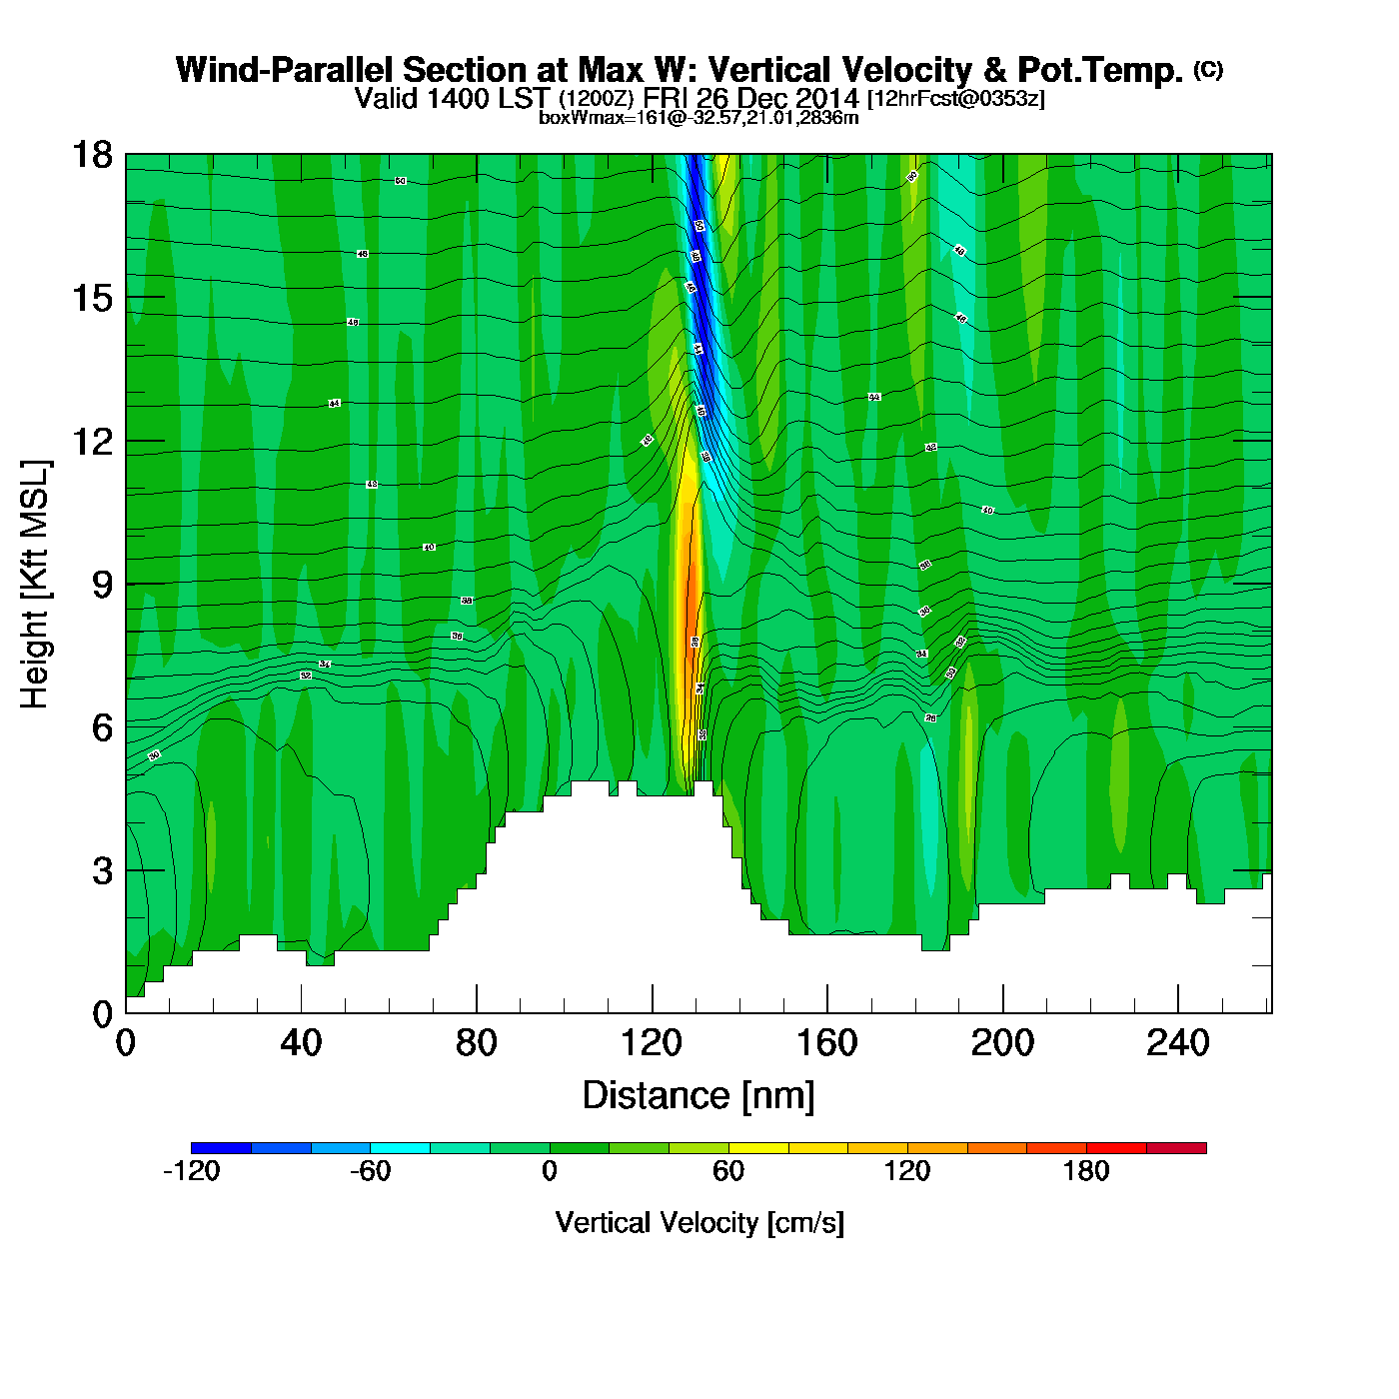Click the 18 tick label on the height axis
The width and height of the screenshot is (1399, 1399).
coord(91,155)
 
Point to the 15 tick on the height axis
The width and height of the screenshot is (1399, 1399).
coord(91,298)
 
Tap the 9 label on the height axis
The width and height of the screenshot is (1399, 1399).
coord(102,585)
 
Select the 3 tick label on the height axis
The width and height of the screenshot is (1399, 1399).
coord(102,870)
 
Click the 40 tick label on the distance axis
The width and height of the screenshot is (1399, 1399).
coord(301,1043)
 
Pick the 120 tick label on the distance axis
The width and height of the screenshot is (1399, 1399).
coord(652,1043)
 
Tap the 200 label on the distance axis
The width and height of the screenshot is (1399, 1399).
coord(1002,1043)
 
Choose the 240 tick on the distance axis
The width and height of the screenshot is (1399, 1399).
coord(1178,1043)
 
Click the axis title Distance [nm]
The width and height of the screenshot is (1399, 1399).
coord(699,1096)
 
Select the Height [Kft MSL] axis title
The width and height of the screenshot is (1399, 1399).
coord(36,585)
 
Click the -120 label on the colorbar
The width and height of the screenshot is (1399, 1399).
coord(191,1171)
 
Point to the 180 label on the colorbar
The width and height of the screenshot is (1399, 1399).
coord(1086,1171)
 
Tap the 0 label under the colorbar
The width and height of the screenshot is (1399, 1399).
coord(549,1171)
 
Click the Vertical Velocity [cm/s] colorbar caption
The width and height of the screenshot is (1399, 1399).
coord(699,1223)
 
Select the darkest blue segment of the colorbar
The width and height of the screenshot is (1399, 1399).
coord(221,1148)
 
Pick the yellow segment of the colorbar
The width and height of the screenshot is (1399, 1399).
coord(758,1148)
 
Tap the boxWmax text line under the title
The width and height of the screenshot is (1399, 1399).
coord(699,118)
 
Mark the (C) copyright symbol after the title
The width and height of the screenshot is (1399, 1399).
coord(1208,69)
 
